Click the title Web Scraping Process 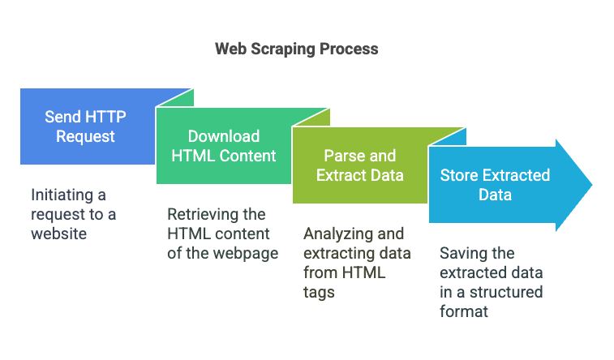296,49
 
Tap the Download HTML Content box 224,146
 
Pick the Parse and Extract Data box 360,165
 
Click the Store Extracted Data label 495,185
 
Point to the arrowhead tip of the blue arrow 592,185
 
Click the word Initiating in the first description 62,195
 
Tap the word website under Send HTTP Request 58,234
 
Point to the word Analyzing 338,234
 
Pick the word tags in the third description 319,293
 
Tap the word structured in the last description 506,293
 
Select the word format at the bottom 464,312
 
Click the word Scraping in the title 283,49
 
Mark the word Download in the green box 224,136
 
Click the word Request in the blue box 85,137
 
